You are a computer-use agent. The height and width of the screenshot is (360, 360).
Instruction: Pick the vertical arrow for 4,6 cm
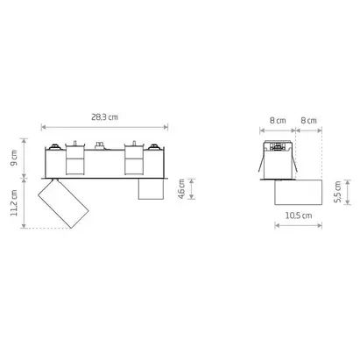pos(193,190)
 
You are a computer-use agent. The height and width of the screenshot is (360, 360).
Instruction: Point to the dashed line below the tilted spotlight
pos(48,229)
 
